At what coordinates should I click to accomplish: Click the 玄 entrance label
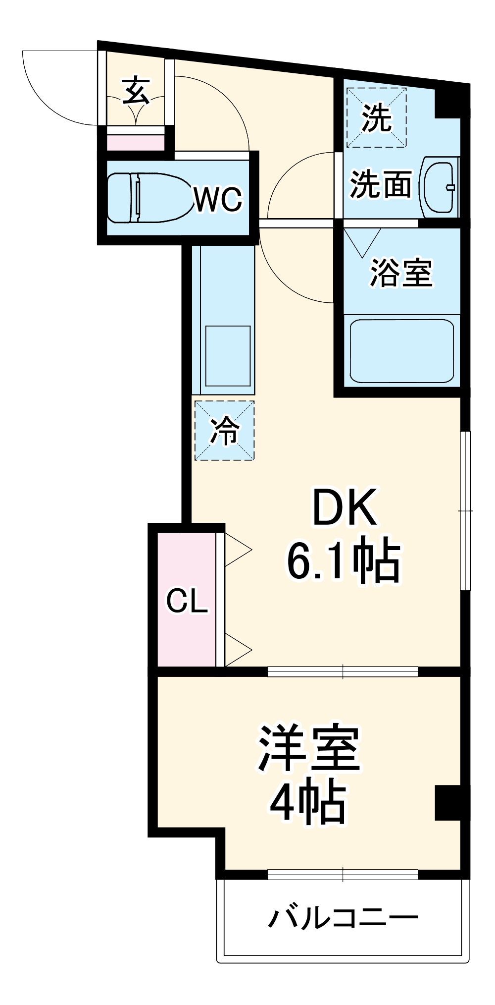click(136, 90)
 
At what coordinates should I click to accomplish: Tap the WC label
click(218, 199)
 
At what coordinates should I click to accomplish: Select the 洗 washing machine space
click(376, 118)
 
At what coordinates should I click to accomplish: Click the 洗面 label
click(381, 184)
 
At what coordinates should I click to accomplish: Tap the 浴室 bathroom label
click(401, 273)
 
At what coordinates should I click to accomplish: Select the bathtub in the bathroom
click(401, 351)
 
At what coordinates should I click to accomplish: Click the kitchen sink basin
click(228, 355)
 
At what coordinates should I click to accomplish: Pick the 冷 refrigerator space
click(224, 431)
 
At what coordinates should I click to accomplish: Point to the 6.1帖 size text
click(344, 560)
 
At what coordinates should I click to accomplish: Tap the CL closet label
click(187, 601)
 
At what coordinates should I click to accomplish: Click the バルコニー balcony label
click(343, 918)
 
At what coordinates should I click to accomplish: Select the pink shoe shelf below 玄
click(136, 143)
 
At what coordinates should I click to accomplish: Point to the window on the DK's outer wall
click(465, 510)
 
